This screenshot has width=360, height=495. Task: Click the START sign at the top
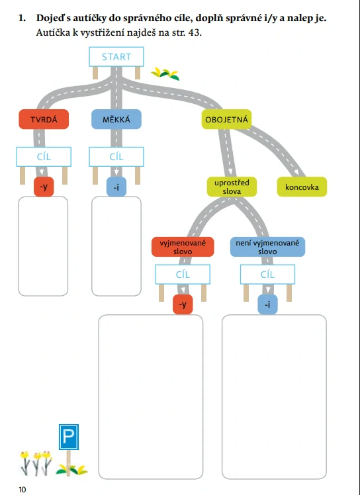coord(116,57)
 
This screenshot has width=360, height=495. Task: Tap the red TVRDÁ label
coord(44,119)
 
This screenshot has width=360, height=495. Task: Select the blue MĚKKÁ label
coord(116,119)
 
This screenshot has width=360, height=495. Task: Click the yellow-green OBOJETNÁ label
coord(226,119)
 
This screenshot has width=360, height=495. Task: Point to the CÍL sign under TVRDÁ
coord(44,157)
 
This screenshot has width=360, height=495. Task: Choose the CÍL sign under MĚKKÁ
coord(116,157)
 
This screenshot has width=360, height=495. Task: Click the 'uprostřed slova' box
coord(232,187)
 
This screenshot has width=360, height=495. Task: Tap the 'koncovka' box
coord(302,187)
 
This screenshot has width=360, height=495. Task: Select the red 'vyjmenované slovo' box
coord(183,247)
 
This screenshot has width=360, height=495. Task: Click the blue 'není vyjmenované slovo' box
coord(267,247)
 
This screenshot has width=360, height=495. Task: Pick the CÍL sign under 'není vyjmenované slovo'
coord(267,275)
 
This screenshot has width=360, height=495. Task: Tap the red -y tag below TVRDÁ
coord(44,187)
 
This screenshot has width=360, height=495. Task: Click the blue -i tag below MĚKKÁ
coord(116,187)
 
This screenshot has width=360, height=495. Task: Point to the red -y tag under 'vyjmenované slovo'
coord(183,304)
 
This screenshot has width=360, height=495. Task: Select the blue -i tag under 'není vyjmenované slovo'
coord(267,304)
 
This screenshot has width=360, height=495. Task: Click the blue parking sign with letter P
coord(69,437)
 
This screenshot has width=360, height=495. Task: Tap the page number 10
coord(22,489)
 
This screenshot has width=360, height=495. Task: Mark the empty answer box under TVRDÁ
coord(43,246)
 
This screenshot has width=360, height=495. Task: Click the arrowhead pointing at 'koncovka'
coord(296,172)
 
